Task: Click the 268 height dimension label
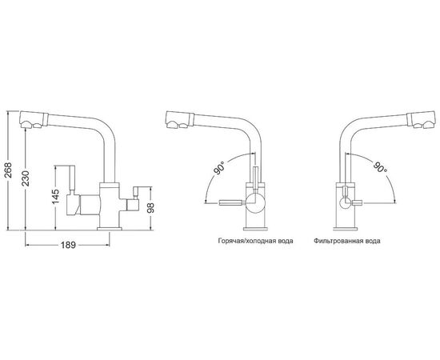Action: (x=10, y=170)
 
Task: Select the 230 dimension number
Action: (x=26, y=178)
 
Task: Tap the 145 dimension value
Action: (x=55, y=197)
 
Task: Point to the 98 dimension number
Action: (x=151, y=208)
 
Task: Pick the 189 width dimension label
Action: (x=68, y=245)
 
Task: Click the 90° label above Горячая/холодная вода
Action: (x=220, y=168)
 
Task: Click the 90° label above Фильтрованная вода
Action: (x=379, y=168)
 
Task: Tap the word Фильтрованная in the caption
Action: (x=338, y=241)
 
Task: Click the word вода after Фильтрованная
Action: (x=373, y=241)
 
